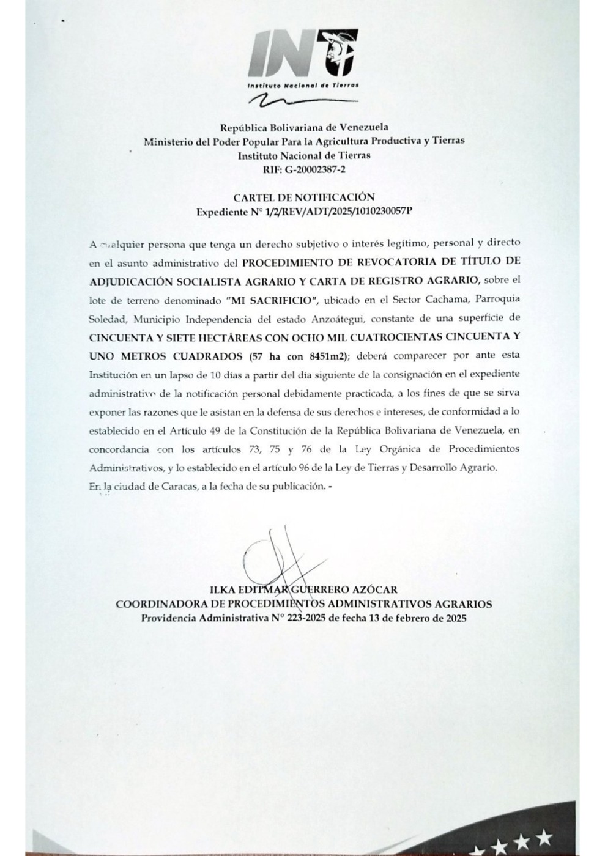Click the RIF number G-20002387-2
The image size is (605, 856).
tap(313, 170)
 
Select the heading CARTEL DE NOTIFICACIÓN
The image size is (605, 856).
tap(304, 197)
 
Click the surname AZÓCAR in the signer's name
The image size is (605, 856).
tap(374, 590)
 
